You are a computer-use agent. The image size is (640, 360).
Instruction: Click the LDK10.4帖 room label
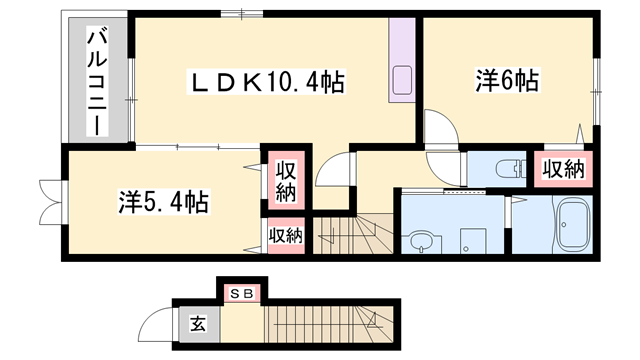[267, 83]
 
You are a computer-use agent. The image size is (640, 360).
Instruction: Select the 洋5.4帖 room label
[163, 202]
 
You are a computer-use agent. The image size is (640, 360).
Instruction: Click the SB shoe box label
[241, 294]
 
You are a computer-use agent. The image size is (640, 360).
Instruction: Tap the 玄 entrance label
[199, 325]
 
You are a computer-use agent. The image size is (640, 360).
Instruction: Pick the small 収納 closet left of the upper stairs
[285, 236]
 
